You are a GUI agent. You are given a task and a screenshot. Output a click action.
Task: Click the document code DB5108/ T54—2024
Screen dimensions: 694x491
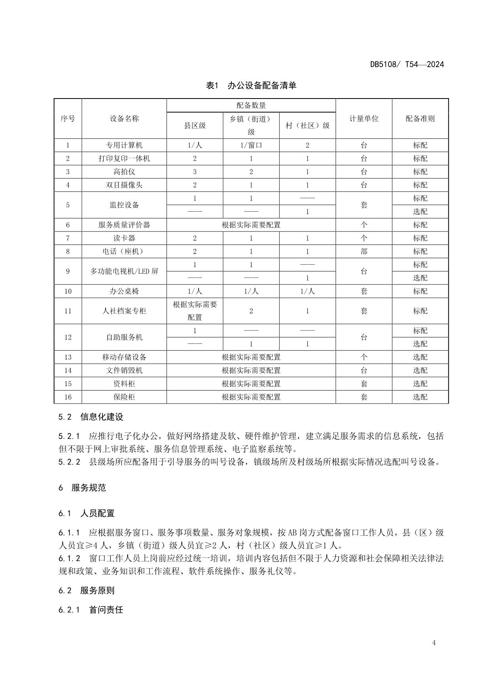point(407,64)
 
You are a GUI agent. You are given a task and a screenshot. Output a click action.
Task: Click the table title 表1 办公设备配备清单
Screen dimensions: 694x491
point(251,85)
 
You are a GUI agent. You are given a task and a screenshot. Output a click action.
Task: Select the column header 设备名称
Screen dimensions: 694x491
point(124,118)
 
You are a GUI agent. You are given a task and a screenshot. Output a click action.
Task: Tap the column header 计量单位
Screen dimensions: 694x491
point(364,118)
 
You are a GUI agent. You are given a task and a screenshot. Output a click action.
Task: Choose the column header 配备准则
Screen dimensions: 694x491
point(420,118)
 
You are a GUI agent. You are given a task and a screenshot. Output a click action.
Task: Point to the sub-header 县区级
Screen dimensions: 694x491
point(195,125)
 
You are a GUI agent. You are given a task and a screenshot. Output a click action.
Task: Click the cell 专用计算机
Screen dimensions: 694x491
point(124,145)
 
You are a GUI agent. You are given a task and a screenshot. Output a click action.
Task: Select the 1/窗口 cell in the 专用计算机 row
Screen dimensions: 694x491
point(251,145)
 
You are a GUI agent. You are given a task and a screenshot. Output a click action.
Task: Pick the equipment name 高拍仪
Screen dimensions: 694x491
point(124,172)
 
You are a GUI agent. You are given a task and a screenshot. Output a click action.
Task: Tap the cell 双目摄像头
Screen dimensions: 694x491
point(124,185)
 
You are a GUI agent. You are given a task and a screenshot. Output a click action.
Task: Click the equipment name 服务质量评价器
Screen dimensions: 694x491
point(124,225)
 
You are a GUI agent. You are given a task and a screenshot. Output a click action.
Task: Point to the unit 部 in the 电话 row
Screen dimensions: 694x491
point(364,251)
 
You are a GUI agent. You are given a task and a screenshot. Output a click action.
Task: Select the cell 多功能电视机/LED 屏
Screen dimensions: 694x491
point(124,271)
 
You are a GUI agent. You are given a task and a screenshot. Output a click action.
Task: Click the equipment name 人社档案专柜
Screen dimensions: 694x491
point(124,311)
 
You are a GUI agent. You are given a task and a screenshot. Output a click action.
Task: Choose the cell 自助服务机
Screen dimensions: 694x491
point(124,337)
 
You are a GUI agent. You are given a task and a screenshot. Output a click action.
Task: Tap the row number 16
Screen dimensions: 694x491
point(68,397)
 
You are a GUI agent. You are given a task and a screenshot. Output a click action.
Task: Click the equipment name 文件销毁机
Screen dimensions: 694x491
point(124,370)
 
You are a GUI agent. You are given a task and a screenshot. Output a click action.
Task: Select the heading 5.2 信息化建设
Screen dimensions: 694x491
point(91,417)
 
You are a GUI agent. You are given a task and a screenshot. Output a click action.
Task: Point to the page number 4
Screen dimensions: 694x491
point(434,643)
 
